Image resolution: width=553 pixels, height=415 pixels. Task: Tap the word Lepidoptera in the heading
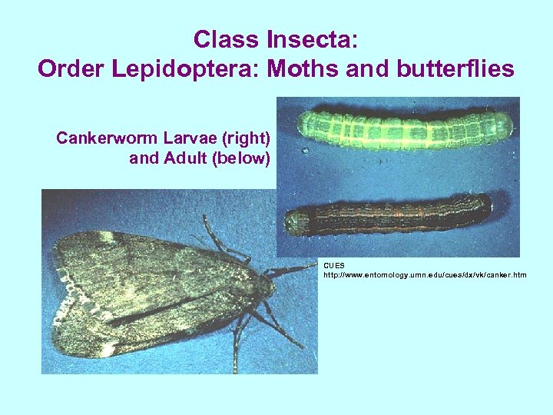click(x=195, y=69)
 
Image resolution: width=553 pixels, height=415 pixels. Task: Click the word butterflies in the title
click(x=449, y=69)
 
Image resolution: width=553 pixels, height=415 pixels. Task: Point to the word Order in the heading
click(x=73, y=69)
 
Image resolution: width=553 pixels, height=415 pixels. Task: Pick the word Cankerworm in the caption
click(x=107, y=139)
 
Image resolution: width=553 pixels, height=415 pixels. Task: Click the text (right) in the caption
click(x=244, y=139)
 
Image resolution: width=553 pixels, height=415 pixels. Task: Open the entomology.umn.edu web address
click(x=425, y=274)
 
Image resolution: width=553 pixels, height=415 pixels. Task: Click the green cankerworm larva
click(x=403, y=128)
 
